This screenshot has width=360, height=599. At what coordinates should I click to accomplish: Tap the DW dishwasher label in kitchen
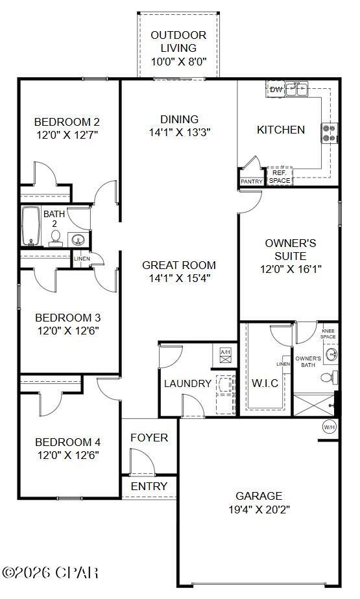[276, 89]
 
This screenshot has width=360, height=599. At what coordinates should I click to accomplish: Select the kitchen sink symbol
[298, 89]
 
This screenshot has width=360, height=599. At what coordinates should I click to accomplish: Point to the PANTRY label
[252, 182]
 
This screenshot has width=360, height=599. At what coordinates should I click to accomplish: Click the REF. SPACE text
[280, 177]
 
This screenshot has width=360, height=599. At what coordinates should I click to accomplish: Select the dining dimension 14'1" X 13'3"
[179, 132]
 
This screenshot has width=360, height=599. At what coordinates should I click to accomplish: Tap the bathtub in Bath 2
[30, 226]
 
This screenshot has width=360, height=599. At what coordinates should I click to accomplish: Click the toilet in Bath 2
[56, 238]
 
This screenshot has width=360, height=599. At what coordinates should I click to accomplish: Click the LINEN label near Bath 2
[82, 259]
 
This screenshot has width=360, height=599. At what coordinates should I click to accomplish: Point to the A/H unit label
[225, 352]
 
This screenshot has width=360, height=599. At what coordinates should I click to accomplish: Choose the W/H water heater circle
[329, 427]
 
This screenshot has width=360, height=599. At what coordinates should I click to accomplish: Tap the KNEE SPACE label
[328, 334]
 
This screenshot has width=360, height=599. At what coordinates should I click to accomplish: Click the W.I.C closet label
[265, 383]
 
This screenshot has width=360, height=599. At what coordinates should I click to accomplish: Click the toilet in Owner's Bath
[331, 377]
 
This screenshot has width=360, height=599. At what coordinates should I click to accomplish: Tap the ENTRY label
[149, 486]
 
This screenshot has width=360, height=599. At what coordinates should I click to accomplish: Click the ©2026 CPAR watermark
[51, 572]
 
